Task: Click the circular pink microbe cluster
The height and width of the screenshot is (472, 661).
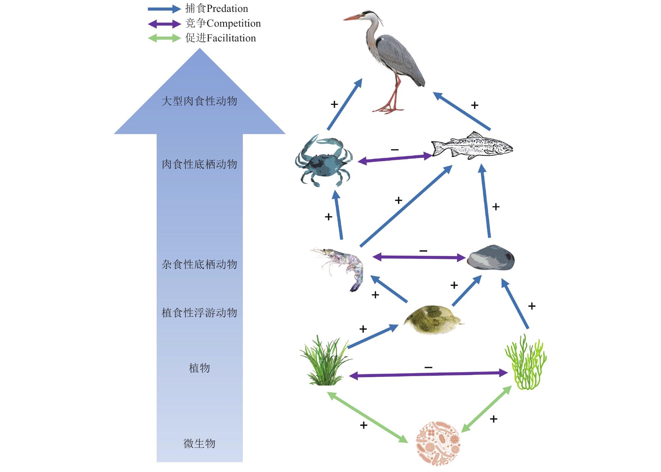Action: pyautogui.click(x=438, y=443)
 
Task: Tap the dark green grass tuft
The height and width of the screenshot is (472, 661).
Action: pyautogui.click(x=325, y=363)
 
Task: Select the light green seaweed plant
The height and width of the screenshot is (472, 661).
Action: pyautogui.click(x=526, y=363)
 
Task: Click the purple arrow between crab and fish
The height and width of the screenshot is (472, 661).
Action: pyautogui.click(x=395, y=159)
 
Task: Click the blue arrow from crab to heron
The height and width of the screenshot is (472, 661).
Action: pyautogui.click(x=344, y=105)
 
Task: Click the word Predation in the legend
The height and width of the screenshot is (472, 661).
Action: pyautogui.click(x=227, y=9)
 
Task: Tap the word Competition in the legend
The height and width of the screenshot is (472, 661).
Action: pyautogui.click(x=233, y=23)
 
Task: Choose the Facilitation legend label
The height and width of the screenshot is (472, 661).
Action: pyautogui.click(x=231, y=38)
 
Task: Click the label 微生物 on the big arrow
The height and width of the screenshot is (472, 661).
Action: pyautogui.click(x=199, y=443)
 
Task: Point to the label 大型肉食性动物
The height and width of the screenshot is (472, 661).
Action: pyautogui.click(x=199, y=101)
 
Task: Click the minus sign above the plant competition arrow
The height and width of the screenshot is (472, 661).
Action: pyautogui.click(x=428, y=367)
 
